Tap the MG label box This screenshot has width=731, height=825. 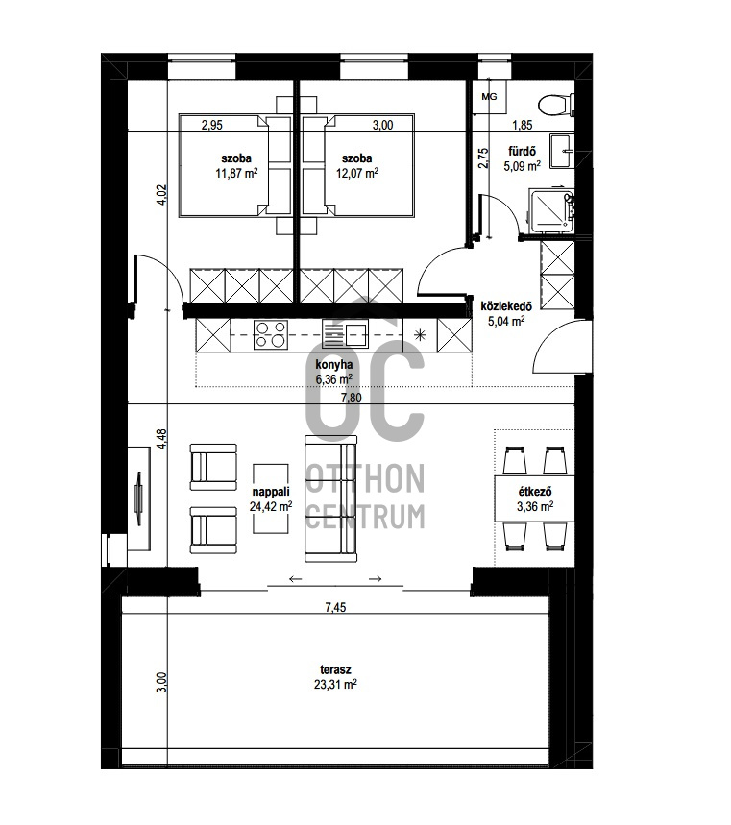point(489,97)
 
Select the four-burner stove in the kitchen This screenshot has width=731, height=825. point(271,334)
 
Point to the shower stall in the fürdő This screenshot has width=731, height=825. point(551,211)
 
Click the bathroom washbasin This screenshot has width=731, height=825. point(563,151)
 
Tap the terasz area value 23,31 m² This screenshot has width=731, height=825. point(336,685)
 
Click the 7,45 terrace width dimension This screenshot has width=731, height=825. point(336,608)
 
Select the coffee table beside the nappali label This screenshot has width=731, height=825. point(271,498)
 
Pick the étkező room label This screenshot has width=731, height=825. point(535,492)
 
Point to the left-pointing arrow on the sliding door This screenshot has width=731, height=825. point(295,579)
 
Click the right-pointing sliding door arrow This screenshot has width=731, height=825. point(376,579)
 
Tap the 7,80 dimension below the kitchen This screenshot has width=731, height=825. point(352,398)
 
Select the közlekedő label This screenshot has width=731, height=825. point(506,306)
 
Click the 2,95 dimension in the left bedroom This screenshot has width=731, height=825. point(212,125)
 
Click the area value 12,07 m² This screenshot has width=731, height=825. point(357,173)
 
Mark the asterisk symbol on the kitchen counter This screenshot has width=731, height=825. point(420,334)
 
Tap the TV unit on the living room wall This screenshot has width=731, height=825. point(139,498)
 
